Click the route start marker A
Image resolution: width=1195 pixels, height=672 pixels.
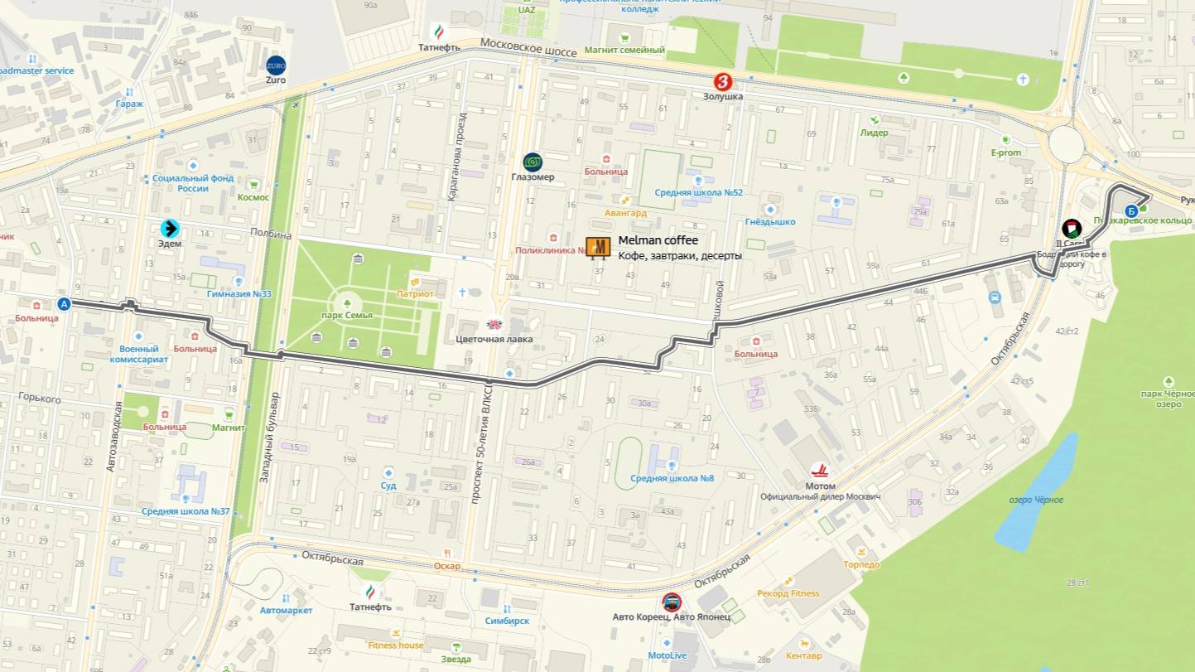point(64,304)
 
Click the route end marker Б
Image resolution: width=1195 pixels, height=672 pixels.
point(1131,210)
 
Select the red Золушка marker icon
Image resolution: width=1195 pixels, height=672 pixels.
point(725,82)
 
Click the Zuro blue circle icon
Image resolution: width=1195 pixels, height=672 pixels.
point(276,65)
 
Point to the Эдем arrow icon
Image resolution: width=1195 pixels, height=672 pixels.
point(171,228)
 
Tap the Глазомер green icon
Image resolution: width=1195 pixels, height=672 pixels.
point(532,162)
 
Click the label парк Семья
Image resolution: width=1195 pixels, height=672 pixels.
point(347,316)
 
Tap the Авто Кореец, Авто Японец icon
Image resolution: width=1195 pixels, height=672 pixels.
point(672,602)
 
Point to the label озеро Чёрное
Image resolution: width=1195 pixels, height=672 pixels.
point(1036,500)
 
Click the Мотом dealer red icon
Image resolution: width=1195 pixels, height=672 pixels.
point(820,471)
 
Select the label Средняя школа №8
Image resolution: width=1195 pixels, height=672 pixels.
point(672,478)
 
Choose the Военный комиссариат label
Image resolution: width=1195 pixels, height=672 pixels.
point(138,354)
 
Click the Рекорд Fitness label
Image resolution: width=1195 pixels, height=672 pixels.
point(788,593)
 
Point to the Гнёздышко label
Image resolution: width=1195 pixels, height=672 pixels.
point(770,222)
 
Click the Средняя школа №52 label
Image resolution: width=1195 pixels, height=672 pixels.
point(698,192)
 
